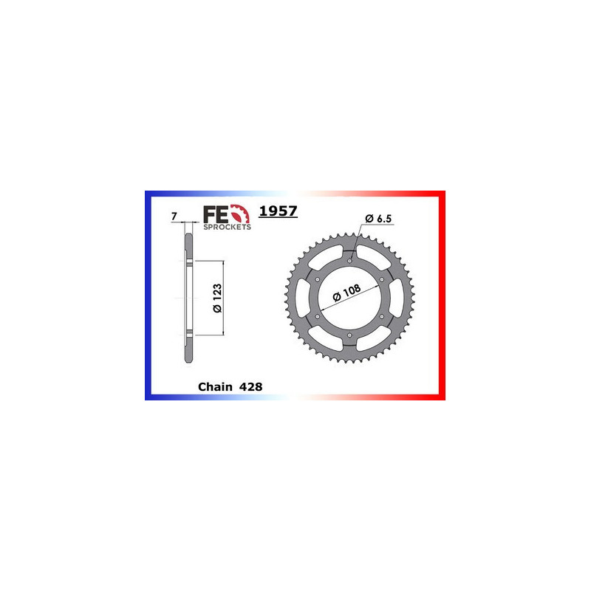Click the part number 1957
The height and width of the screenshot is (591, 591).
click(278, 211)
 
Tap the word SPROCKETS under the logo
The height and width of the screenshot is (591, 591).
click(227, 228)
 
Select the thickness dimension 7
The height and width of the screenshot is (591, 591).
click(173, 216)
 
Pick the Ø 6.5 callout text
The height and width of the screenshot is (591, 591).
click(378, 219)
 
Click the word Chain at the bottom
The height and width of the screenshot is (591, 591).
click(215, 386)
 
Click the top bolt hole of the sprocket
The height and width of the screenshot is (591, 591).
click(349, 259)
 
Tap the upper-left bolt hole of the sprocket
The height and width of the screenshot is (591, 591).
click(316, 279)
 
